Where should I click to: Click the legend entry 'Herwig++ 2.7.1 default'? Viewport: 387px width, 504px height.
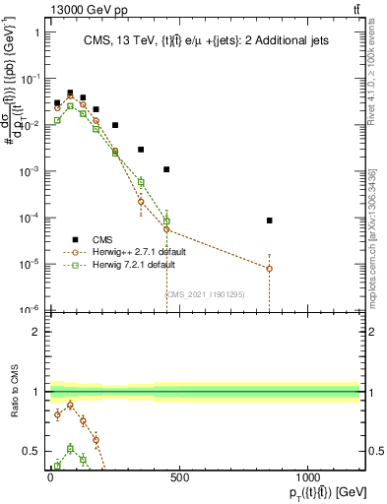(138, 252)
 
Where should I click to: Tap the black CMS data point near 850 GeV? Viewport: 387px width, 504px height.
(269, 220)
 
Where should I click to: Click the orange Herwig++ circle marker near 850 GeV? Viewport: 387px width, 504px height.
(269, 268)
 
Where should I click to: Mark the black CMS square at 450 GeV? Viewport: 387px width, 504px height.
(166, 169)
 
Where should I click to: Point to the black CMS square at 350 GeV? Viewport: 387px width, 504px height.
(141, 150)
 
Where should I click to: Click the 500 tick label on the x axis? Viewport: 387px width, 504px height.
(179, 479)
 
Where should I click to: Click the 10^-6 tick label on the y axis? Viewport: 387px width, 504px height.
(29, 310)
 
